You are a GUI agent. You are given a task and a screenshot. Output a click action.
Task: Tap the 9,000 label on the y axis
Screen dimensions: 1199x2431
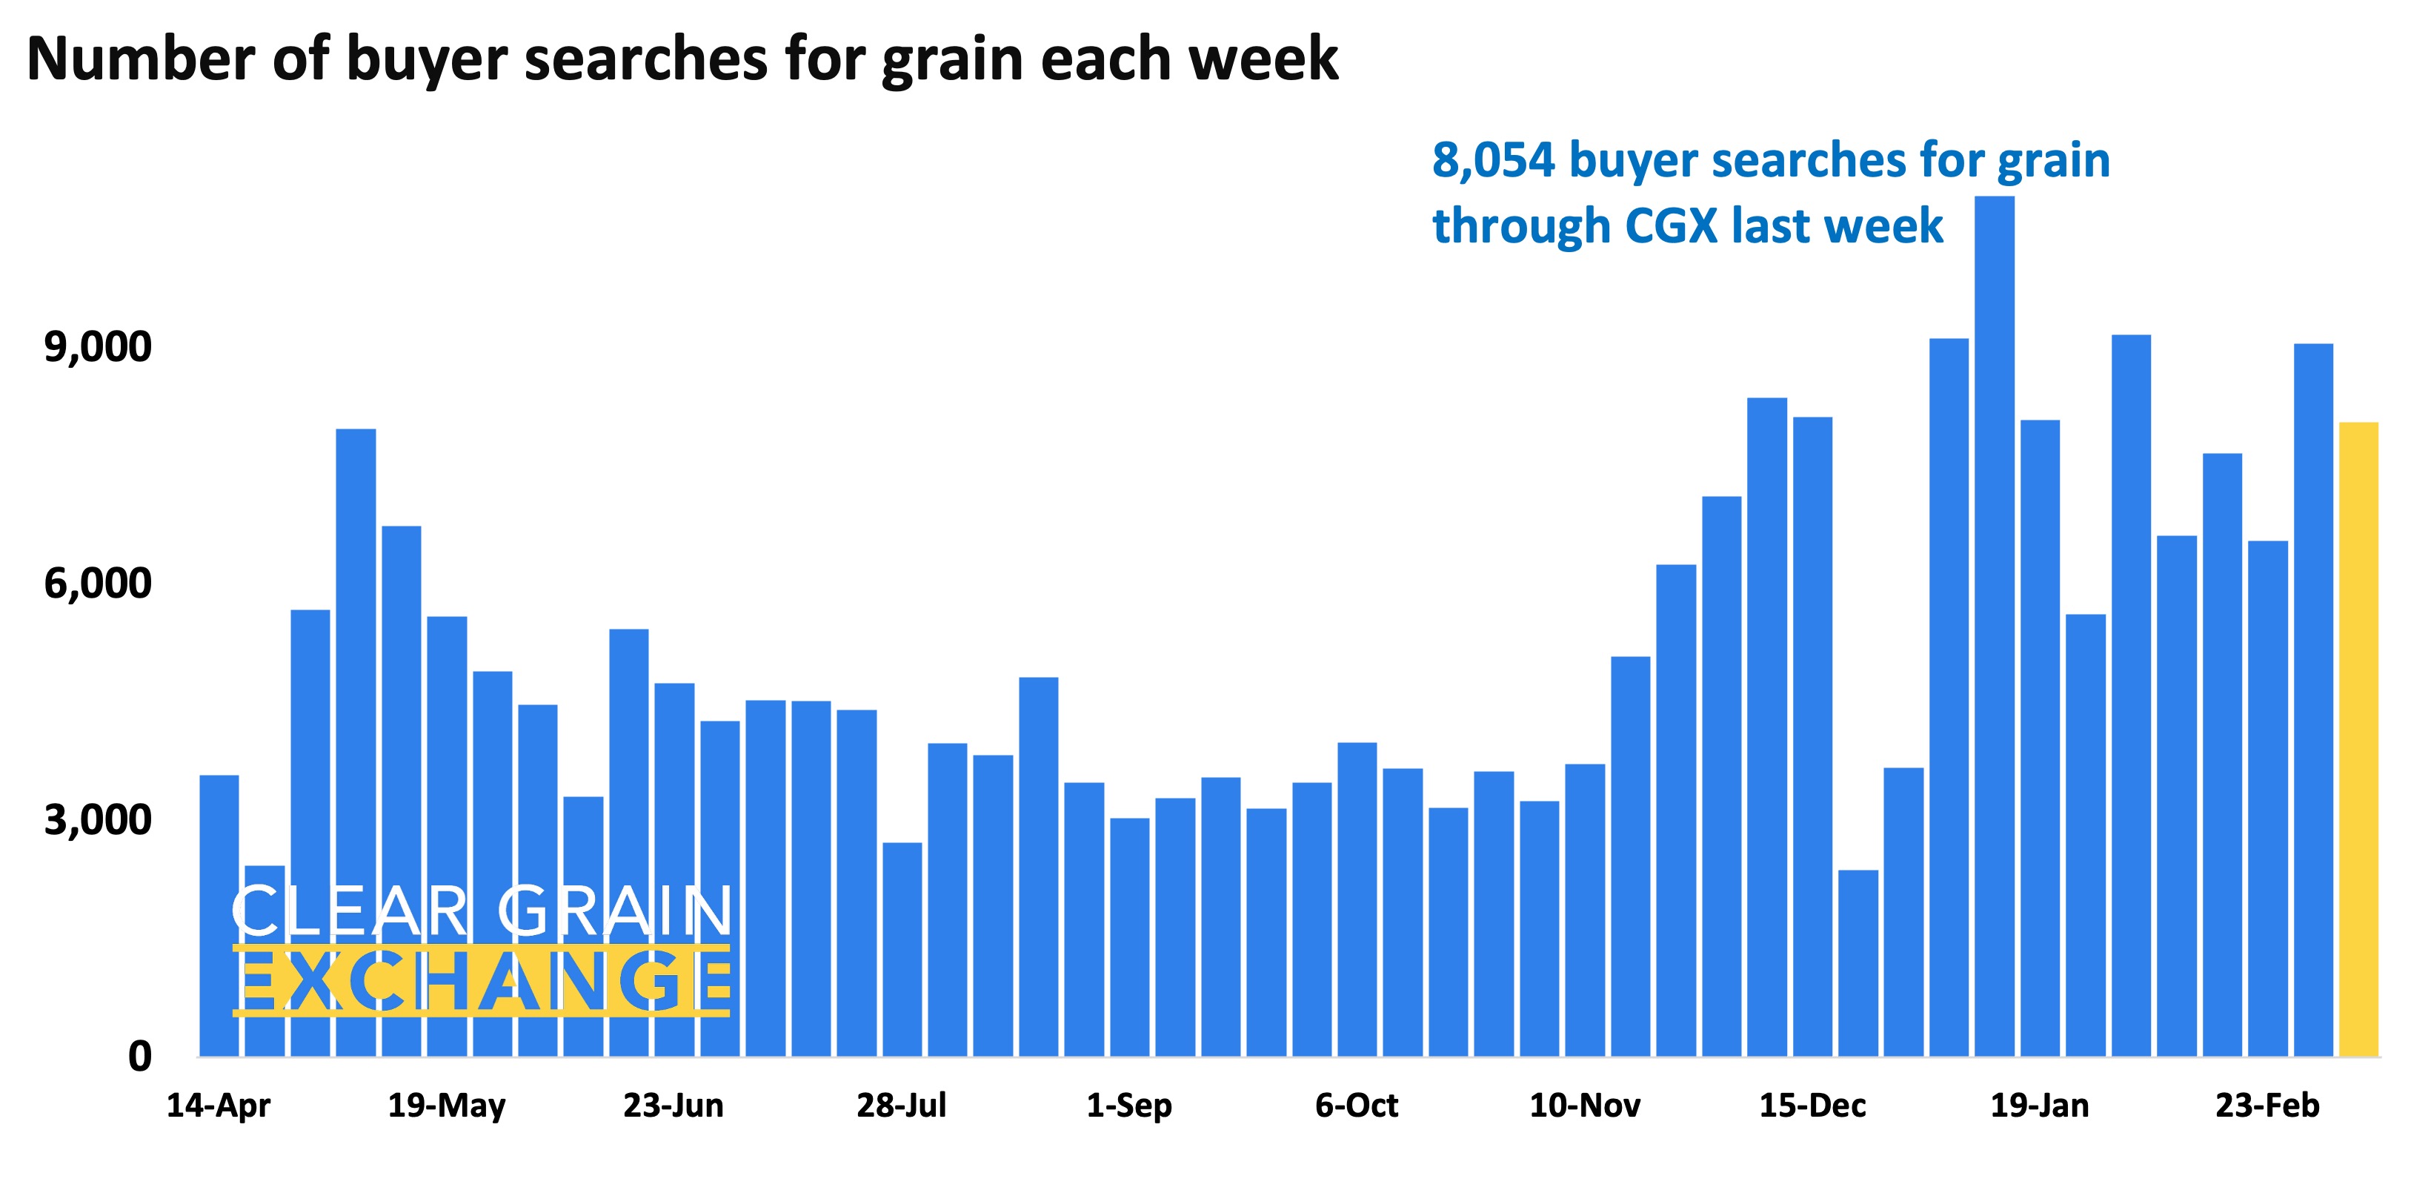point(97,348)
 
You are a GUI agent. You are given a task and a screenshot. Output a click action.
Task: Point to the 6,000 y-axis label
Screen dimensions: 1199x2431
point(97,584)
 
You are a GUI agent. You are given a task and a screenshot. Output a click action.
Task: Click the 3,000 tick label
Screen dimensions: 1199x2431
point(97,819)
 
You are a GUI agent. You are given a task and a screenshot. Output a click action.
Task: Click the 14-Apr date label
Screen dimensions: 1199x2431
point(218,1106)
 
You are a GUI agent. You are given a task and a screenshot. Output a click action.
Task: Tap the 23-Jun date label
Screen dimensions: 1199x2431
point(673,1106)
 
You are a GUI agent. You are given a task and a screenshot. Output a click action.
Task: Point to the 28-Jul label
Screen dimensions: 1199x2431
point(901,1106)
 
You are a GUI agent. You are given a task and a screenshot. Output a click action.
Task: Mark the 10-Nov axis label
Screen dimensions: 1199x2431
point(1585,1106)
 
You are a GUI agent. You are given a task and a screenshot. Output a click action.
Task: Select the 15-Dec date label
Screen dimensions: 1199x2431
point(1812,1106)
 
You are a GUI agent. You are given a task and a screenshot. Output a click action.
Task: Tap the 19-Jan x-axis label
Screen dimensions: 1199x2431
point(2039,1106)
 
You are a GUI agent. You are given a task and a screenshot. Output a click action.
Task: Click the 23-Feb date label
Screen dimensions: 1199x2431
point(2267,1106)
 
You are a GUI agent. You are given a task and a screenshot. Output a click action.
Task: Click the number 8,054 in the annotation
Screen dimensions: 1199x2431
point(1493,160)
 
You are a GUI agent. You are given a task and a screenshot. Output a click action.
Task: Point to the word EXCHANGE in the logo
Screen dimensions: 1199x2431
point(482,981)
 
